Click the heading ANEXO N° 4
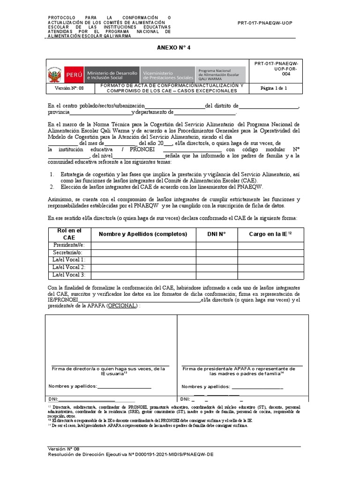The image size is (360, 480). (x=173, y=48)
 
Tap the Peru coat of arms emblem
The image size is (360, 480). (x=54, y=75)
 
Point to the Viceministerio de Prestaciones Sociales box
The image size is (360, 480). (x=167, y=75)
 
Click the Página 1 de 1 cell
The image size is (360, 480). (x=273, y=88)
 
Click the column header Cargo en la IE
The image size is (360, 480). (x=270, y=234)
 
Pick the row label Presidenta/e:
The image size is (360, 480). (x=68, y=245)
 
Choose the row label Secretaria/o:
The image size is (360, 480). (x=68, y=253)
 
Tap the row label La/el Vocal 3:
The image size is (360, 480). (x=68, y=275)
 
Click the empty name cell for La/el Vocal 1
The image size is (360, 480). (x=143, y=260)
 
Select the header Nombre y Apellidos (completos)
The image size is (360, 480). (x=143, y=234)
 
